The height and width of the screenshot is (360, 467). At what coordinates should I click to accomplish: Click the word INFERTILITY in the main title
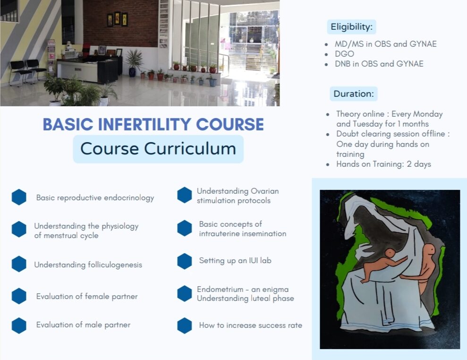145,124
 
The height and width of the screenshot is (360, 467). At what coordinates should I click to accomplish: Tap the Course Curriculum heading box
158,149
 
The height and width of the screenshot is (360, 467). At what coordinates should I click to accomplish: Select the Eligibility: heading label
351,27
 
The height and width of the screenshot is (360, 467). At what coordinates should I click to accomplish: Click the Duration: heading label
354,94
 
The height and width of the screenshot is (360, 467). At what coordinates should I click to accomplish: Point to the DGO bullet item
344,54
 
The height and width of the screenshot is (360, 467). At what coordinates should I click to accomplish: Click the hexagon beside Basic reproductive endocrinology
19,197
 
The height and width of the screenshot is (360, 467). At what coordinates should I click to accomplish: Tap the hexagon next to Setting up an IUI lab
185,261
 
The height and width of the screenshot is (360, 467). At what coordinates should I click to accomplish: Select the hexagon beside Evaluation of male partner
19,326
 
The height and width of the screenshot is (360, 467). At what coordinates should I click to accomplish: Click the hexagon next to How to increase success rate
185,326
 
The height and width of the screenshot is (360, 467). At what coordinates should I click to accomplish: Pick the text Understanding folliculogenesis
88,265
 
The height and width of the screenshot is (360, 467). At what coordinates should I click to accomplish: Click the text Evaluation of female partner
87,296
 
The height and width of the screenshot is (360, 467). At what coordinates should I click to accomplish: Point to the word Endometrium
220,289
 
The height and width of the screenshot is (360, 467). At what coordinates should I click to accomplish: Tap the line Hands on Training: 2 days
383,164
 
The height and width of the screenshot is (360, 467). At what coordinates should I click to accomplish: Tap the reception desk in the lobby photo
89,70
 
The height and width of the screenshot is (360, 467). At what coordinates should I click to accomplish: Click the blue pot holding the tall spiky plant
132,72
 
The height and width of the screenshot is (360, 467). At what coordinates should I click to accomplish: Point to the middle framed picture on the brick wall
118,18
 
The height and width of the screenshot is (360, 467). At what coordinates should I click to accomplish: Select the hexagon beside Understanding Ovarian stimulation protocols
185,195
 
